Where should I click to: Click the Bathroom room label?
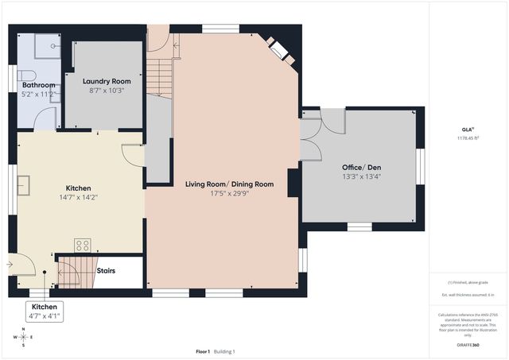pos(38,85)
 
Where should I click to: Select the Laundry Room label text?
pos(107,81)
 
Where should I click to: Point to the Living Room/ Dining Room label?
pos(229,184)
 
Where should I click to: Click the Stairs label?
pos(106,271)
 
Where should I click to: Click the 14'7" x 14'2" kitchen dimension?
pos(78,197)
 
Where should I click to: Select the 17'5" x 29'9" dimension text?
pos(229,192)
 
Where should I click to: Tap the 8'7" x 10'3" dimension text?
pos(107,91)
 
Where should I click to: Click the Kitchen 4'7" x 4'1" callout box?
pos(45,312)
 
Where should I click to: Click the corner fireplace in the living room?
pos(280,49)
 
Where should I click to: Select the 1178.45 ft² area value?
pos(468,138)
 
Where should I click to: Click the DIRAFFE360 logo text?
pos(468,346)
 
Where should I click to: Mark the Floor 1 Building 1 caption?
pos(216,351)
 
